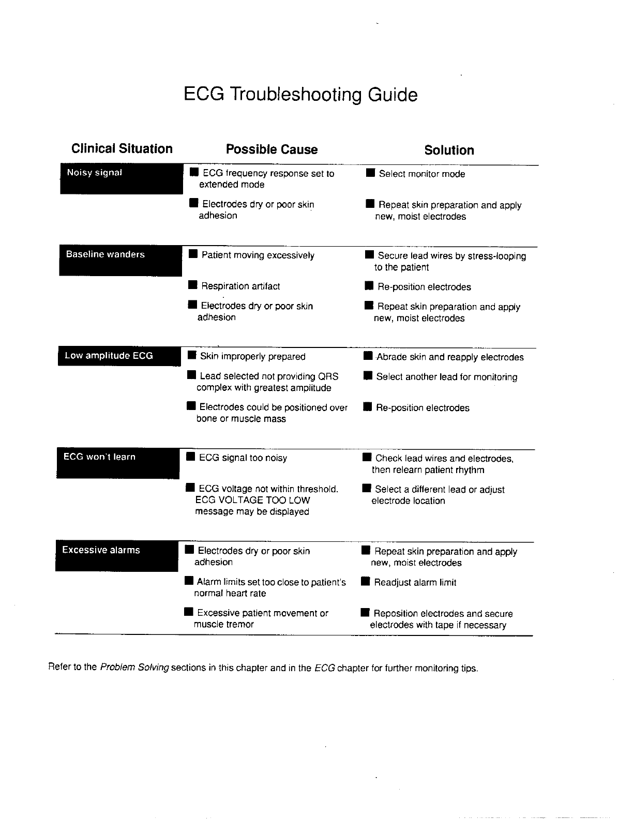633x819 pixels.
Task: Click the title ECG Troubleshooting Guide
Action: [300, 95]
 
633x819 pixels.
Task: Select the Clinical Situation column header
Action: [122, 149]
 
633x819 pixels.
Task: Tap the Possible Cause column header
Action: [272, 149]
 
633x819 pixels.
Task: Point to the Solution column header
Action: [449, 150]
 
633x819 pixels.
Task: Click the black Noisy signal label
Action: [121, 179]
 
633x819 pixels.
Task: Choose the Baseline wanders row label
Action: [120, 261]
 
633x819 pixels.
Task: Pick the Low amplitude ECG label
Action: [119, 356]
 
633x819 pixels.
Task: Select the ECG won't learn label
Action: [117, 463]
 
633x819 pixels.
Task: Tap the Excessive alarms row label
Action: [116, 556]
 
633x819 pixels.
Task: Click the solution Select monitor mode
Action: [421, 174]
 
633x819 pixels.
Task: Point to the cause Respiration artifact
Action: [240, 286]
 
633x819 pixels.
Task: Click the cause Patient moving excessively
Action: [258, 255]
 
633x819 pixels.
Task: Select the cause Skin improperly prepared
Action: [252, 357]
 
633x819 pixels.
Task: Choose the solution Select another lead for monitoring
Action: [446, 377]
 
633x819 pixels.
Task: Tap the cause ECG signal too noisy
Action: [243, 458]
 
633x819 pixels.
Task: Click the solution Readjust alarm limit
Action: [415, 583]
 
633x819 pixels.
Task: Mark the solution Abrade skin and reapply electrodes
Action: [449, 357]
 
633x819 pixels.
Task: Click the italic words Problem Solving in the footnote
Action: [134, 668]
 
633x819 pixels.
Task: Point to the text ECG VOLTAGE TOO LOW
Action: [252, 500]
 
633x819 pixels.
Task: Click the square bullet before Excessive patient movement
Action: [189, 613]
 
